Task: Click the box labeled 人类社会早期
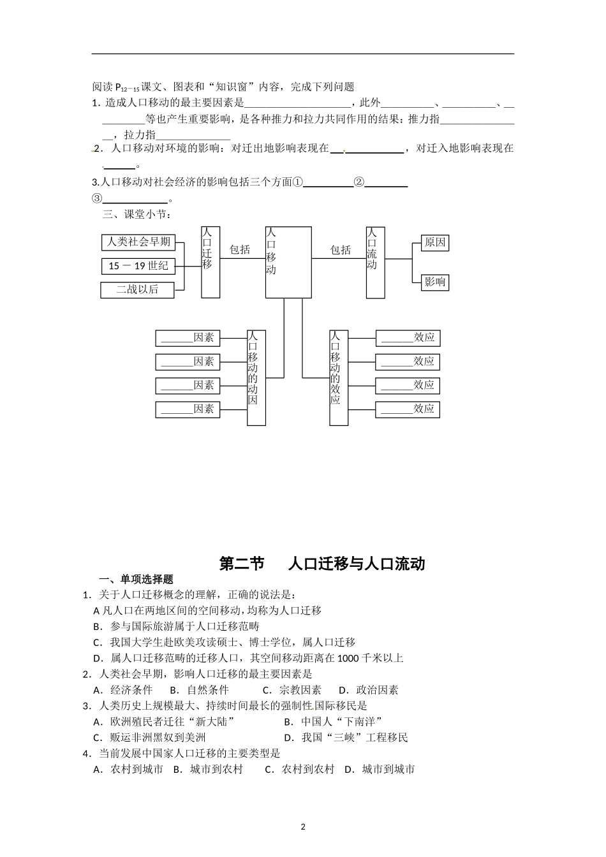138,242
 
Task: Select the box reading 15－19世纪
138,266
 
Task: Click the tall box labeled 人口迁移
211,261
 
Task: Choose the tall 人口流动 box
375,261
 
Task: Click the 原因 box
435,242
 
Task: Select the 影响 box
435,282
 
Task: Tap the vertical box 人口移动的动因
256,377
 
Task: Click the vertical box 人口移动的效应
339,377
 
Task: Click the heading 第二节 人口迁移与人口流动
321,564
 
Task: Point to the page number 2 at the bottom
303,827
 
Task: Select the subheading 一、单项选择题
137,579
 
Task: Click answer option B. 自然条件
199,690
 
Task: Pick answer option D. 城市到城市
380,770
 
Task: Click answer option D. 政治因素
369,690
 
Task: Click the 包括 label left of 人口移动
240,249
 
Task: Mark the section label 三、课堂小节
137,214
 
